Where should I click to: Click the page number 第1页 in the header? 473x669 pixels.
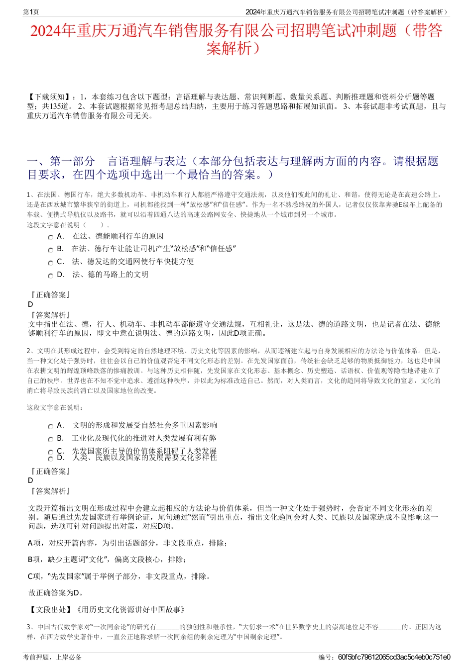(x=31, y=12)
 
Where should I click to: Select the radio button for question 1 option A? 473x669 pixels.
(x=50, y=237)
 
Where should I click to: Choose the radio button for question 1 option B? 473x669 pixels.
(x=50, y=250)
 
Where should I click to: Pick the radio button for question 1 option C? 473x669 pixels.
(x=50, y=263)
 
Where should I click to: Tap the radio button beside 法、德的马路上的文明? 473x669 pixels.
(x=50, y=276)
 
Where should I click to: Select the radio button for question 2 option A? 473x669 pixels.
(x=50, y=426)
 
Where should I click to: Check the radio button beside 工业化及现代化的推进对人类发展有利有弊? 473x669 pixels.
(x=50, y=439)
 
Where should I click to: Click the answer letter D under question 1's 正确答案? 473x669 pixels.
(x=31, y=304)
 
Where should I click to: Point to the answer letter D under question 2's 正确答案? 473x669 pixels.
(x=31, y=480)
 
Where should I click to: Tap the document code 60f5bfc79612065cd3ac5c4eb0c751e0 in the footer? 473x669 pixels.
(x=394, y=657)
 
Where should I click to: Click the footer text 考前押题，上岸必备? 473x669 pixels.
(x=52, y=657)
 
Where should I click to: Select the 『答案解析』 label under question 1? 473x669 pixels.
(x=50, y=315)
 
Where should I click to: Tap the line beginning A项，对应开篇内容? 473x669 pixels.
(x=127, y=543)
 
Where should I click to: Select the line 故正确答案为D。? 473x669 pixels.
(x=56, y=592)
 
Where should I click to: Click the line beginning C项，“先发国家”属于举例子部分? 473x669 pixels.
(x=119, y=576)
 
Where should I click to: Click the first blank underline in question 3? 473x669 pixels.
(x=167, y=628)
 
